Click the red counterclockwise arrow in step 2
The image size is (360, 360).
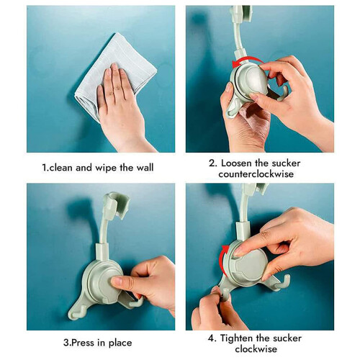[247, 60]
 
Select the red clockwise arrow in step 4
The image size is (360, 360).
[223, 261]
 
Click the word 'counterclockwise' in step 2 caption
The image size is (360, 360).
[256, 174]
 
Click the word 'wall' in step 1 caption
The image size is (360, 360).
[145, 168]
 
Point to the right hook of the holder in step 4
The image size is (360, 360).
[283, 282]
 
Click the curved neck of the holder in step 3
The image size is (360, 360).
[104, 228]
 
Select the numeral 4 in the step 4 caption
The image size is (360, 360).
[211, 338]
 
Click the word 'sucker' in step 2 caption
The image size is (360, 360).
[286, 163]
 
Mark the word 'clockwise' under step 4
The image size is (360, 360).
[256, 349]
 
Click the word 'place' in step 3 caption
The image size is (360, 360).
[120, 343]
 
